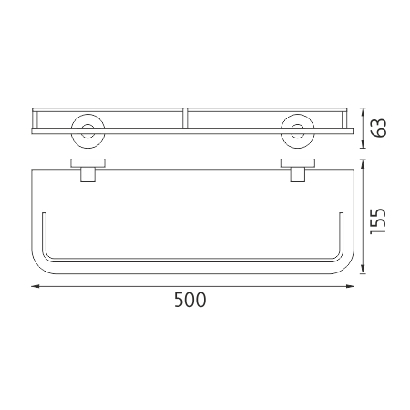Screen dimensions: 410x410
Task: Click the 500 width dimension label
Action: point(190,300)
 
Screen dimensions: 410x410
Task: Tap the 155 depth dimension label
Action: point(378,221)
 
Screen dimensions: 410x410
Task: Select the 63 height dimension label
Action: point(379,128)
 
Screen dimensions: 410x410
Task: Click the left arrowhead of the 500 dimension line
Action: point(36,286)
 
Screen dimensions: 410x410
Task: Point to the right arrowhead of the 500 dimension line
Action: point(351,286)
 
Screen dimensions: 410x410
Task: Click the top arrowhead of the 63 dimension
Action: point(363,112)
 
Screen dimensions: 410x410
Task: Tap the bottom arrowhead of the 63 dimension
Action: point(363,144)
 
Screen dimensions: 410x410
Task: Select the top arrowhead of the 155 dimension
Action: point(363,164)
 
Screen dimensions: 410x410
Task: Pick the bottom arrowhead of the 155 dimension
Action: point(363,270)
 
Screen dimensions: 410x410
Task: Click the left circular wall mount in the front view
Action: point(88,131)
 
